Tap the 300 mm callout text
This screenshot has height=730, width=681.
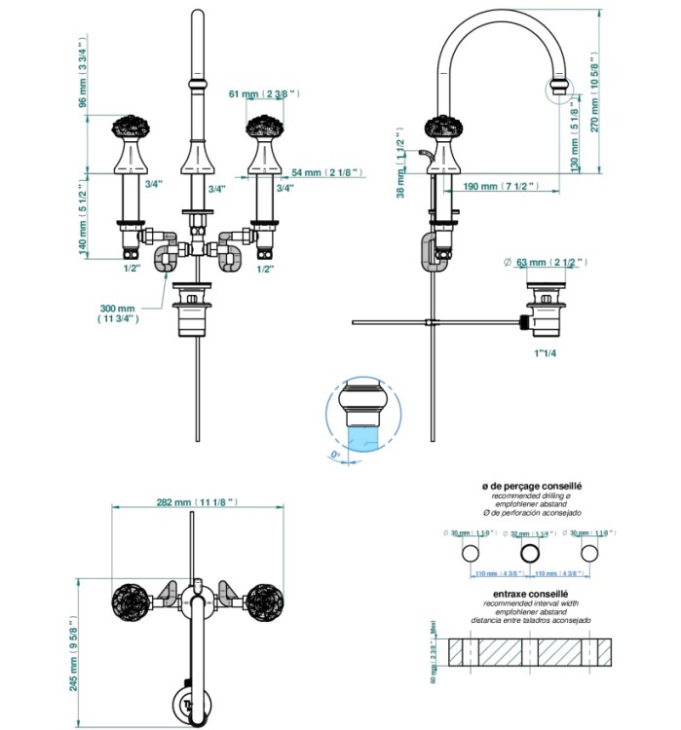click(118, 311)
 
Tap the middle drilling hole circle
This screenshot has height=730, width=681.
click(530, 553)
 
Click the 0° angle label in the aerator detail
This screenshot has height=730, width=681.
click(336, 453)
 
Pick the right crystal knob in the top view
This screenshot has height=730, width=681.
click(263, 597)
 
